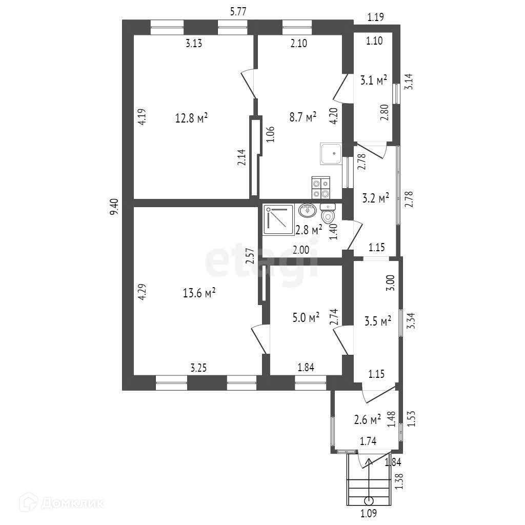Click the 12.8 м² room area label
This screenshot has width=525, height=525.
(192, 118)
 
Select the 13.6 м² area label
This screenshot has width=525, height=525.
(199, 293)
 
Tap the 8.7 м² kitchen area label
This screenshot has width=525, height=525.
(303, 117)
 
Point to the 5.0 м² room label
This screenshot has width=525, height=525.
(306, 317)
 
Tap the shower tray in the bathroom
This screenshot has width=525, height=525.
(278, 219)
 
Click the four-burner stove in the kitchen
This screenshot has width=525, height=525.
(321, 187)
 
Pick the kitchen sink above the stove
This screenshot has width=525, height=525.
(331, 154)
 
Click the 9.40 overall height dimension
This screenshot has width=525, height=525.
(114, 208)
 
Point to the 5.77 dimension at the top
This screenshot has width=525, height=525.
(238, 12)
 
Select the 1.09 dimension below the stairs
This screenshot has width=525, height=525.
(369, 513)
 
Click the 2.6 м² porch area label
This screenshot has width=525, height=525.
(367, 419)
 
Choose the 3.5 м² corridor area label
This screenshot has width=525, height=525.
(378, 321)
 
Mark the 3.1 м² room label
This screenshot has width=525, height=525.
(374, 80)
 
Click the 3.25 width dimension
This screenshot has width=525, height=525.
(198, 368)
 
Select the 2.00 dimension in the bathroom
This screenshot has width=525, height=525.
(301, 250)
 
